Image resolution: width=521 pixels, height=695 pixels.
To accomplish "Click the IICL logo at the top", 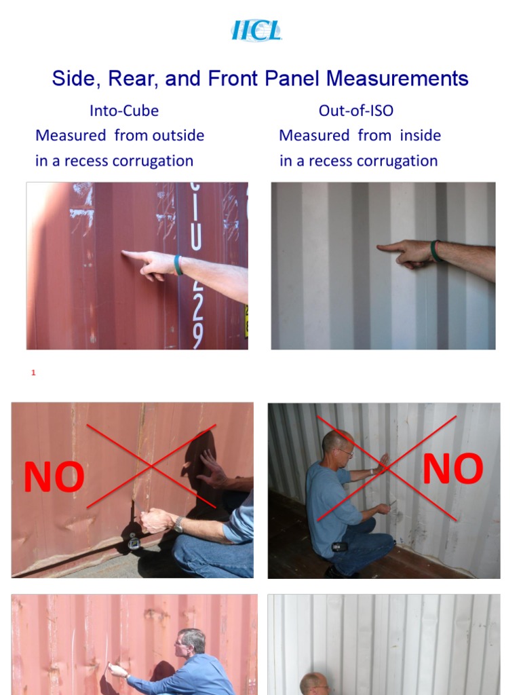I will pos(256,31).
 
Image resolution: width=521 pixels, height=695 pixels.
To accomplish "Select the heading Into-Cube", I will pos(124,111).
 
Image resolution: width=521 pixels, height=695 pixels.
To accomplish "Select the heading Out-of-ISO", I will pos(356,111).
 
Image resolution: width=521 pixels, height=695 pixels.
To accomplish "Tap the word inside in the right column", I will pos(421,135).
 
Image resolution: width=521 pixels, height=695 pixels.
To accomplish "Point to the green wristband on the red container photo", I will pos(178,264).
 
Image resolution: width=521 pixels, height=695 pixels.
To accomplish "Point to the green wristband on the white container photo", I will pos(435,251).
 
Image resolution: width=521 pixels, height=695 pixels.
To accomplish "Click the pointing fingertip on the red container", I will pos(125,255).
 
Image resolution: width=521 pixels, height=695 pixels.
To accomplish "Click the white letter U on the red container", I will pos(196,238).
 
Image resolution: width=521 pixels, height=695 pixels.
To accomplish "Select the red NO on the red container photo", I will pos(54,478).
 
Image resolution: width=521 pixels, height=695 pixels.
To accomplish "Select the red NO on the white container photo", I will pos(452,469).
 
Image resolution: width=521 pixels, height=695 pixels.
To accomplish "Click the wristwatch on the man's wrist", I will pos(178,524).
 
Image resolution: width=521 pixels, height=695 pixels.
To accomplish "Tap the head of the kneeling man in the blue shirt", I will pos(337,445).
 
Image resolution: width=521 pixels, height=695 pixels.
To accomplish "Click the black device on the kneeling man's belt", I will pos(339,547).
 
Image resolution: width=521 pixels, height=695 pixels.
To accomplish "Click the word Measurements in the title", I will pos(398,79).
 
